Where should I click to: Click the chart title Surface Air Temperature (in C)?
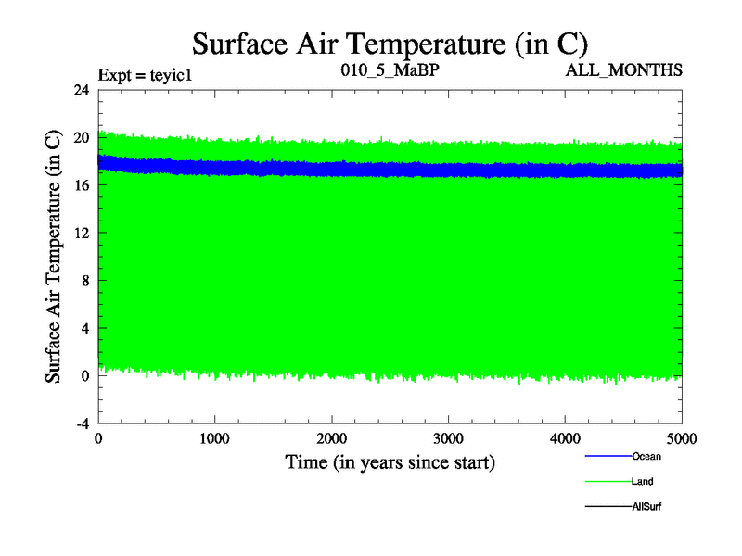pyautogui.click(x=390, y=43)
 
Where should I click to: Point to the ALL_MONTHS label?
pyautogui.click(x=630, y=70)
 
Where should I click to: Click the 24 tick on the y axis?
pyautogui.click(x=81, y=90)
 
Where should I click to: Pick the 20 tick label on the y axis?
pyautogui.click(x=81, y=138)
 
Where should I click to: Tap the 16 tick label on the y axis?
pyautogui.click(x=81, y=185)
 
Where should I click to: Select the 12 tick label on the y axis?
pyautogui.click(x=81, y=234)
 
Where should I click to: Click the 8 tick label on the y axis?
pyautogui.click(x=84, y=281)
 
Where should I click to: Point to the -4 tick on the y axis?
pyautogui.click(x=81, y=423)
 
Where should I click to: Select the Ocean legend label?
pyautogui.click(x=646, y=456)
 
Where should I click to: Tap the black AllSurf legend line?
pyautogui.click(x=607, y=508)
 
